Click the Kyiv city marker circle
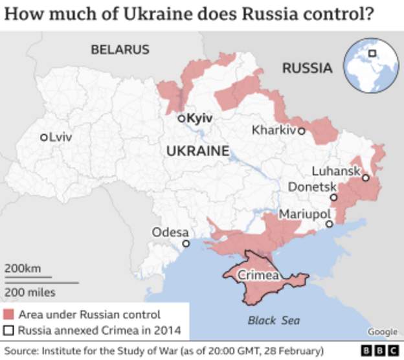[182, 118]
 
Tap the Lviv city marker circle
[43, 137]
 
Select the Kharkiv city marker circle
[301, 131]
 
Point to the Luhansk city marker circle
[366, 177]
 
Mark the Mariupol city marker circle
[329, 224]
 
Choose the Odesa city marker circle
[186, 243]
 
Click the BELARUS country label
[120, 49]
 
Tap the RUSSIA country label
[308, 68]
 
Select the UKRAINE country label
[197, 152]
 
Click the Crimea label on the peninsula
[258, 275]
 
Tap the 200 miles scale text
[30, 292]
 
